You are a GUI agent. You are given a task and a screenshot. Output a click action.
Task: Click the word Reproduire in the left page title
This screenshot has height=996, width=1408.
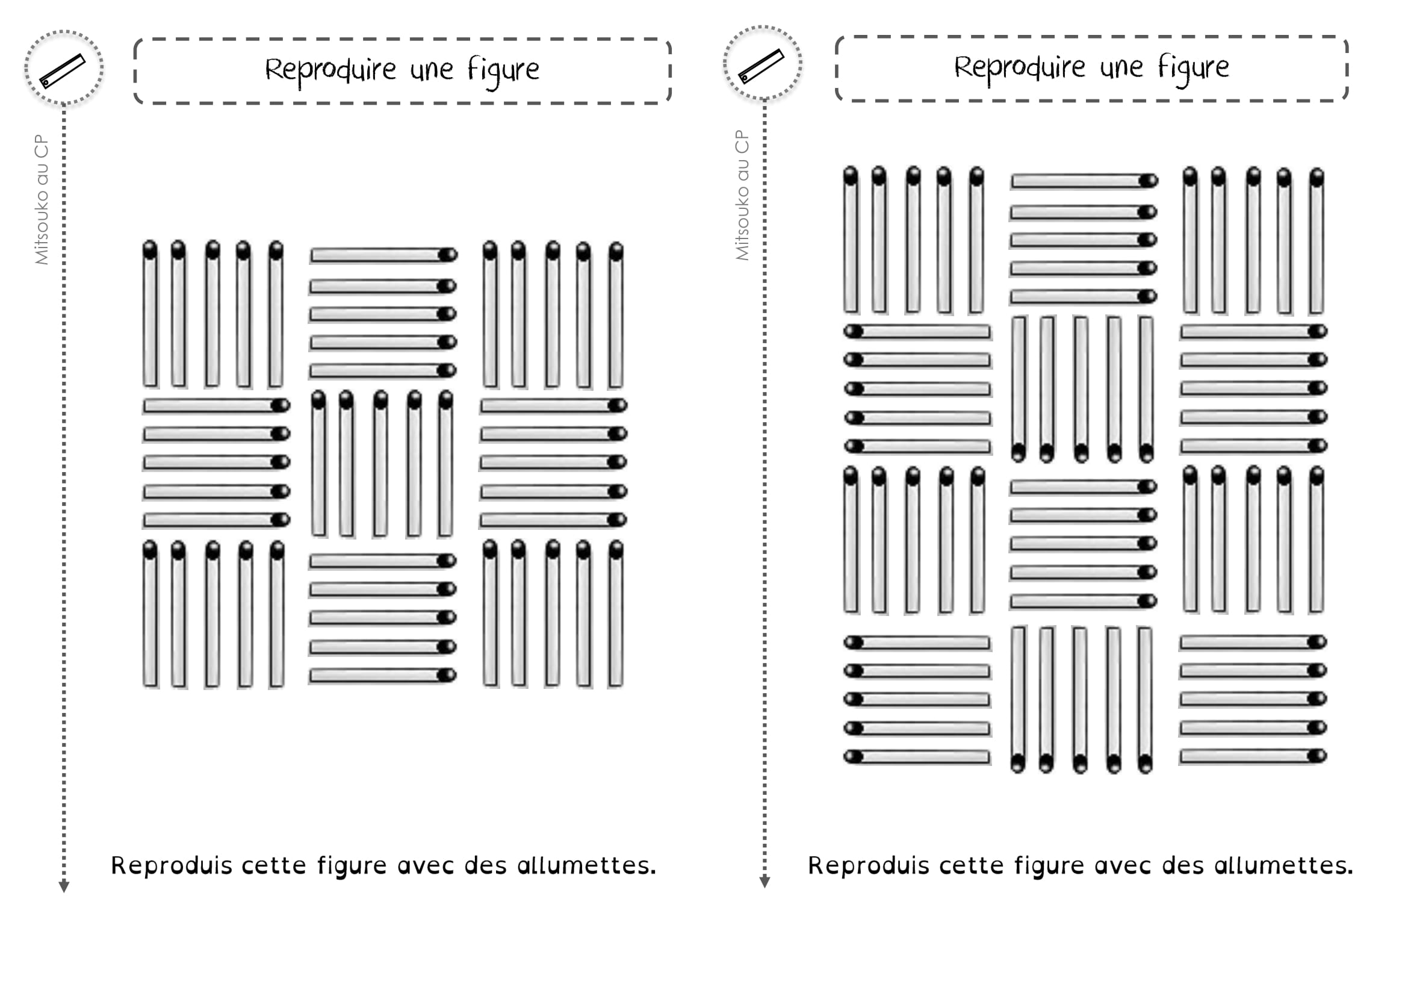(330, 69)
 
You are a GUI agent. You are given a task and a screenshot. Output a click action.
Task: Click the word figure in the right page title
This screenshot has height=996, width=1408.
(1193, 67)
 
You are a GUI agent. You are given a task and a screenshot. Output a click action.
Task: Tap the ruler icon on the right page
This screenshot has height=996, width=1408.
(761, 65)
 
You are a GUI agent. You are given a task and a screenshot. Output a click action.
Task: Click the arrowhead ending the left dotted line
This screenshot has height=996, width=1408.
(64, 887)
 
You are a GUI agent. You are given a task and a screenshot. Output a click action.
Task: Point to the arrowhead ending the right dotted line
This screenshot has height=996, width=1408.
(764, 882)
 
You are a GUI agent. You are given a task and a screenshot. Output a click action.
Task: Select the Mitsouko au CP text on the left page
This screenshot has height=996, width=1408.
(41, 199)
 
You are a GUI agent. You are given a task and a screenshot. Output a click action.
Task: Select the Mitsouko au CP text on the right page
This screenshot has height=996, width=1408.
(742, 195)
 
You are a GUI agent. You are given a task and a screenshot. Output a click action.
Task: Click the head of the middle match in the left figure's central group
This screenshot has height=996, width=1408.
(381, 400)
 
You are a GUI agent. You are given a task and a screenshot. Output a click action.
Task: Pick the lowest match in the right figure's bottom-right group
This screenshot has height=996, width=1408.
(1252, 756)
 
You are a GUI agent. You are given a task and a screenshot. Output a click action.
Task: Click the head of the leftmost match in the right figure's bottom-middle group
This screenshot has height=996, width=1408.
(1018, 764)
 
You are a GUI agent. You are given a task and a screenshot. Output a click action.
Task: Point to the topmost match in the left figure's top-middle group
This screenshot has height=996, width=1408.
(383, 255)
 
